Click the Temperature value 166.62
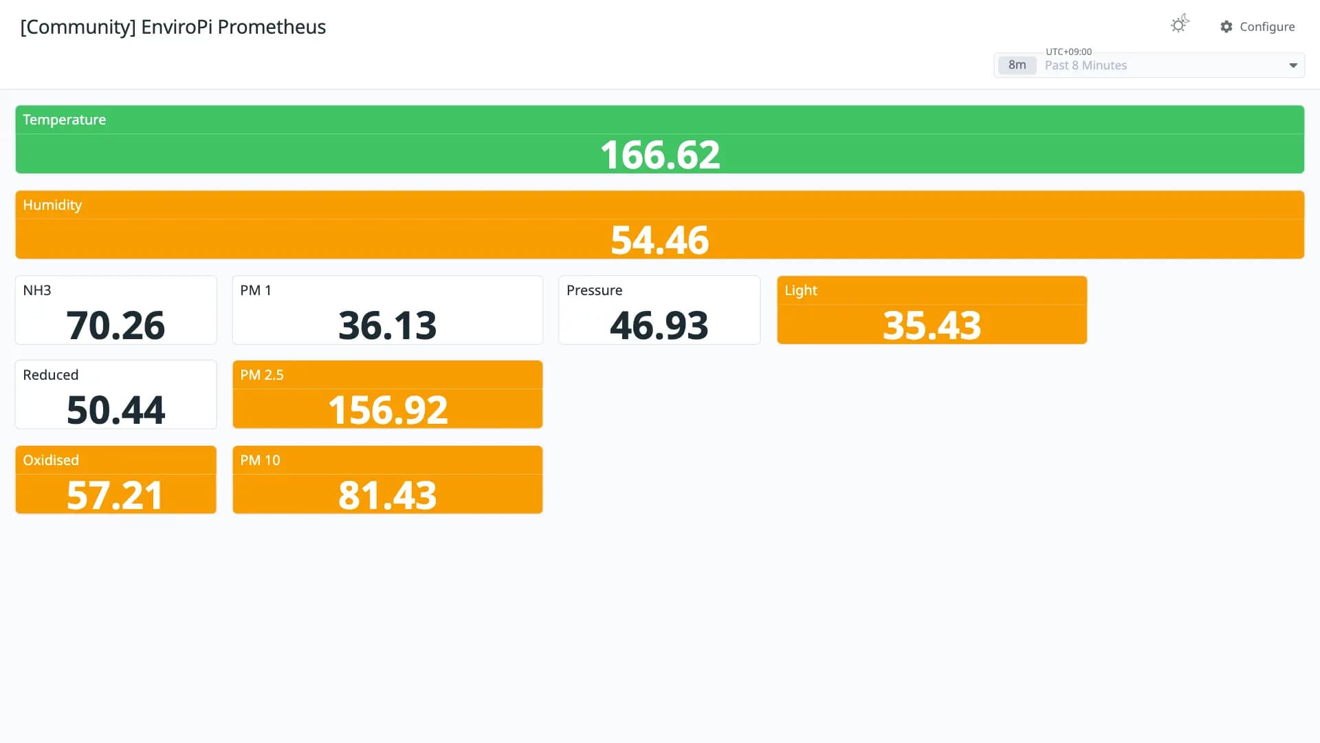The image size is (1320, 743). pos(660,155)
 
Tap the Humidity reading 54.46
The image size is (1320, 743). pos(660,240)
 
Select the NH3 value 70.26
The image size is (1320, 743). pos(115,325)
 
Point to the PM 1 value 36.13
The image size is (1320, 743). pos(388,325)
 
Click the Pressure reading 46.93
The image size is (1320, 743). pos(659,325)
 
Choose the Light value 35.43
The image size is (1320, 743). pos(932,325)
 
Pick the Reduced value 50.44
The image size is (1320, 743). pos(115,410)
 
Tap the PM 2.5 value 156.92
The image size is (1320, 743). pos(388,410)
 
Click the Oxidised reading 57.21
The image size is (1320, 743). pos(115,495)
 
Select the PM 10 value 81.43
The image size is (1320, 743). pos(388,495)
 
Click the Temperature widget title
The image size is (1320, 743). pos(65,120)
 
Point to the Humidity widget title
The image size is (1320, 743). pos(52,205)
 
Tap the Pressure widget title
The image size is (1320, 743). pos(595,290)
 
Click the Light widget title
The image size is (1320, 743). pos(801,290)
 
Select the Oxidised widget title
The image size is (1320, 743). pos(51,460)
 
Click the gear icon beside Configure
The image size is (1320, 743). pos(1226,27)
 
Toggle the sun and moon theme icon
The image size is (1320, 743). pos(1180,24)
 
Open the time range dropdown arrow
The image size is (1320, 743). pos(1293,66)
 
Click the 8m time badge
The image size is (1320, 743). pos(1017,65)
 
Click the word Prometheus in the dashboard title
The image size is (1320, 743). pos(272,27)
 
